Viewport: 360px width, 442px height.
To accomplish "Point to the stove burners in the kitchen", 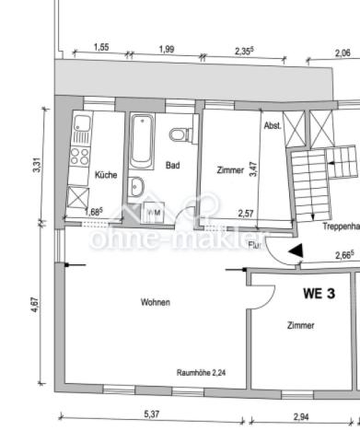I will click(x=79, y=148).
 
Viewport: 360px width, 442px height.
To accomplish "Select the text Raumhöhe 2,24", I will click(x=202, y=372).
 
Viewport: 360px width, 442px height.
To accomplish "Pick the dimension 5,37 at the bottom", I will click(x=151, y=415).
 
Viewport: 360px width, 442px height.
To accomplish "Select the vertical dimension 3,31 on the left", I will click(x=36, y=167).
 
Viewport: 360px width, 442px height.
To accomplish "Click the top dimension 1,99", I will click(x=167, y=48).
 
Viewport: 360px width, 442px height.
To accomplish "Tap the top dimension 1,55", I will click(x=101, y=47).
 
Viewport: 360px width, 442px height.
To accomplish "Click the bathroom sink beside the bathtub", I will click(x=138, y=187).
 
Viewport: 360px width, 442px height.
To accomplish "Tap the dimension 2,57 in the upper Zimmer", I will click(x=246, y=213).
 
